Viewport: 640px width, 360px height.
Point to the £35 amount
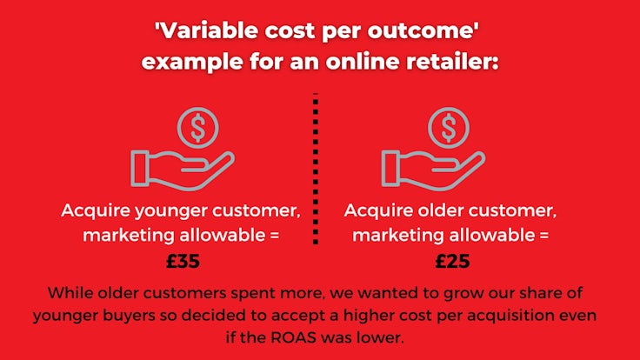pos(183,261)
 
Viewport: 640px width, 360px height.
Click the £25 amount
pos(452,261)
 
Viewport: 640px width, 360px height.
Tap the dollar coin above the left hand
pos(198,127)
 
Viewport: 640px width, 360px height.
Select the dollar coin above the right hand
pos(449,127)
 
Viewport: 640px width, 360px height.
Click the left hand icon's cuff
pos(140,169)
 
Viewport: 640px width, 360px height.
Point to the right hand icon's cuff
pos(390,169)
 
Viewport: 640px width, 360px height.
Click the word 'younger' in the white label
pos(170,212)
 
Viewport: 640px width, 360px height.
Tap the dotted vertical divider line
pos(316,169)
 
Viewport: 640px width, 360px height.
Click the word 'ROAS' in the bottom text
pos(293,337)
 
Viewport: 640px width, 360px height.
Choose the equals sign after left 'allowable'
pos(274,236)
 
